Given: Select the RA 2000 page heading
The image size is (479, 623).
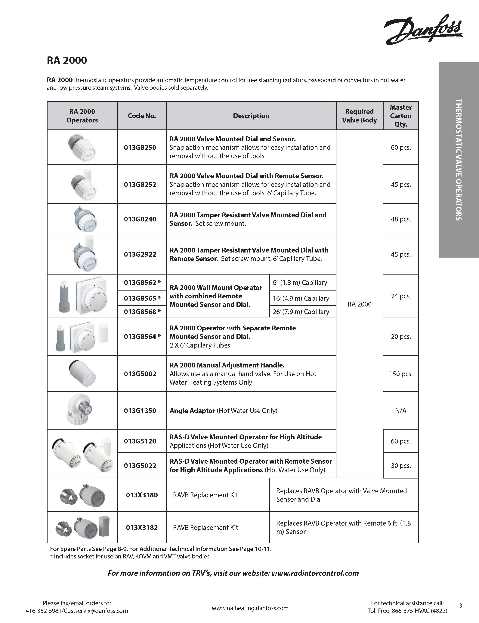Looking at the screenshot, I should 67,60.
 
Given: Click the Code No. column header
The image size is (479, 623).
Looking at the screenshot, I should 142,116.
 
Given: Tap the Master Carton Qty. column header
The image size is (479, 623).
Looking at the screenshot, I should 401,116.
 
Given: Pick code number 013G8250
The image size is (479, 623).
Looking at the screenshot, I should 140,148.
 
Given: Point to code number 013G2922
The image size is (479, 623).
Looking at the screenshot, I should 140,254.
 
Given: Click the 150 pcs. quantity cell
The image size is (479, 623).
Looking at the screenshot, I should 401,374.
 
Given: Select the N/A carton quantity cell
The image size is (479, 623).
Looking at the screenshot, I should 401,411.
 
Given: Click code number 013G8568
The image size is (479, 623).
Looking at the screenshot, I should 140,312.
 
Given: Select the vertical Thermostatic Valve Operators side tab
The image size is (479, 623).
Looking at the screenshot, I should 459,160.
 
